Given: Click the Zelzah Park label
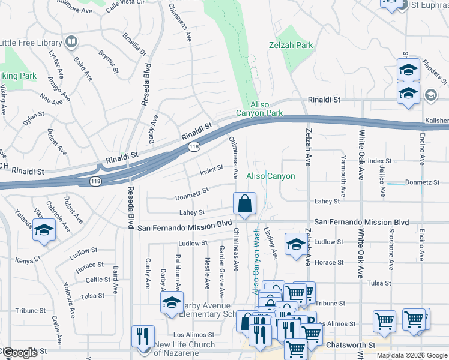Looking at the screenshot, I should (291, 45).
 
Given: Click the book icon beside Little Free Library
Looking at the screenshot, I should (71, 42).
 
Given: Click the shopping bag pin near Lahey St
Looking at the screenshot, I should (245, 204).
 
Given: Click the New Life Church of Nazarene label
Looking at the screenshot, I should (184, 349).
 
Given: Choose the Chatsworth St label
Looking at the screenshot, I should (350, 346).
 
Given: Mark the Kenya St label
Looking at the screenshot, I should (27, 259).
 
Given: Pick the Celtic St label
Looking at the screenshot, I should (97, 280).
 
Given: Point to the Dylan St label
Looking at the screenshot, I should (34, 114).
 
